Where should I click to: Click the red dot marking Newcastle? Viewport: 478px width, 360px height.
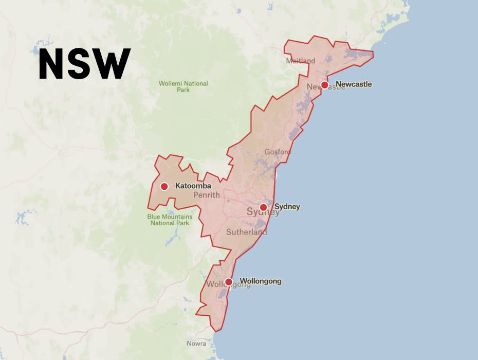coord(324,85)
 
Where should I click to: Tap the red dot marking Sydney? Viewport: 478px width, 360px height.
coord(263,207)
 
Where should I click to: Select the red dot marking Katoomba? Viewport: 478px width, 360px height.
coord(164,187)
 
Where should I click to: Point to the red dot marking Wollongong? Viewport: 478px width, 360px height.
coord(229,282)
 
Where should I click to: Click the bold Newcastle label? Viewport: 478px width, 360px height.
coord(354,84)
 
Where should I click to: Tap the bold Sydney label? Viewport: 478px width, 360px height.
coord(287,207)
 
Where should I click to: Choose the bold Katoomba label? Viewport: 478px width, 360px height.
coord(193,186)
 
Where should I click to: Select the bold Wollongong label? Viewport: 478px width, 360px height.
coord(261,281)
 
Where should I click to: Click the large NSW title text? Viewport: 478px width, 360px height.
coord(85,65)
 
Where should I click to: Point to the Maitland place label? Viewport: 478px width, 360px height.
coord(301,61)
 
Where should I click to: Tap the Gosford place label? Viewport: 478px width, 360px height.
coord(278,152)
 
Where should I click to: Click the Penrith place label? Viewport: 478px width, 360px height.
coord(207,195)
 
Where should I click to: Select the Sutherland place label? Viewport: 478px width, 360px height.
coord(247,232)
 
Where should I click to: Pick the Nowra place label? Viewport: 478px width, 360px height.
coord(196,344)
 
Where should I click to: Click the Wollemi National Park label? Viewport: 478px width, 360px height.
coord(183,86)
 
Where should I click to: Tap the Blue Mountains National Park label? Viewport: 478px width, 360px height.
coord(170,220)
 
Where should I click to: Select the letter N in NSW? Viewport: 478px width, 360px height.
coord(52,65)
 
